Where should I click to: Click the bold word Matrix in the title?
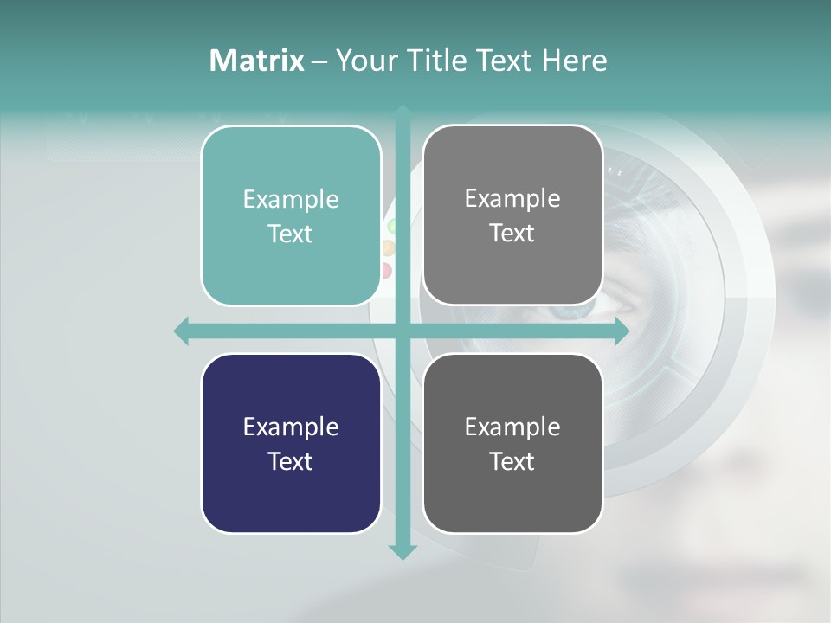coord(256,61)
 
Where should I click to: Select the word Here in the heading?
coord(574,61)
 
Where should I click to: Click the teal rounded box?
coord(291,215)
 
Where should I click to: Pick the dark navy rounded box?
coord(291,443)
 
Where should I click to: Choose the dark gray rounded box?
coord(512,443)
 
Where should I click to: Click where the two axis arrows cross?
coord(403,331)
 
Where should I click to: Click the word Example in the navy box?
coord(291,427)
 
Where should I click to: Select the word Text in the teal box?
coord(291,234)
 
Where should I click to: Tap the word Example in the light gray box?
coord(512,198)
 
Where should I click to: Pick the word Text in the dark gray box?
coord(512,461)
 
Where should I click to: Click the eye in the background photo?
coord(619,305)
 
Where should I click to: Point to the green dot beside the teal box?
coord(391,227)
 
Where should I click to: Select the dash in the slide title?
coord(319,61)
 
